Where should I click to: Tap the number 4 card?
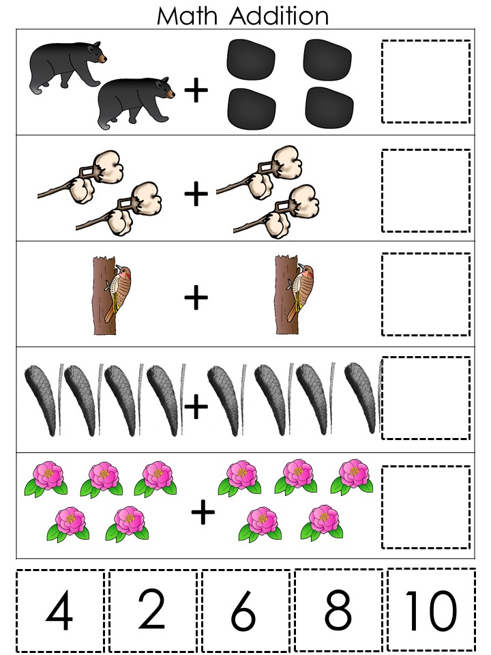(59, 611)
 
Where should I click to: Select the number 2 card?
(152, 611)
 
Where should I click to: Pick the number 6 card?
(245, 611)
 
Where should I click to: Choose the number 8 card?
(338, 611)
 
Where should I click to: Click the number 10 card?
(430, 611)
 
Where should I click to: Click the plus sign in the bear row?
(196, 91)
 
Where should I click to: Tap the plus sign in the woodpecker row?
(196, 297)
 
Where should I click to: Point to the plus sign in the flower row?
(203, 513)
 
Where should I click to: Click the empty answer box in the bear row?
(426, 81)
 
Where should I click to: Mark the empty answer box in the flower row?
(426, 507)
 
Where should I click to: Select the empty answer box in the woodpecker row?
(426, 294)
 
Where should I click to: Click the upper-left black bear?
(67, 66)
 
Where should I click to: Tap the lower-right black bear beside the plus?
(133, 101)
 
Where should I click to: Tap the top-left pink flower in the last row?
(46, 478)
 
